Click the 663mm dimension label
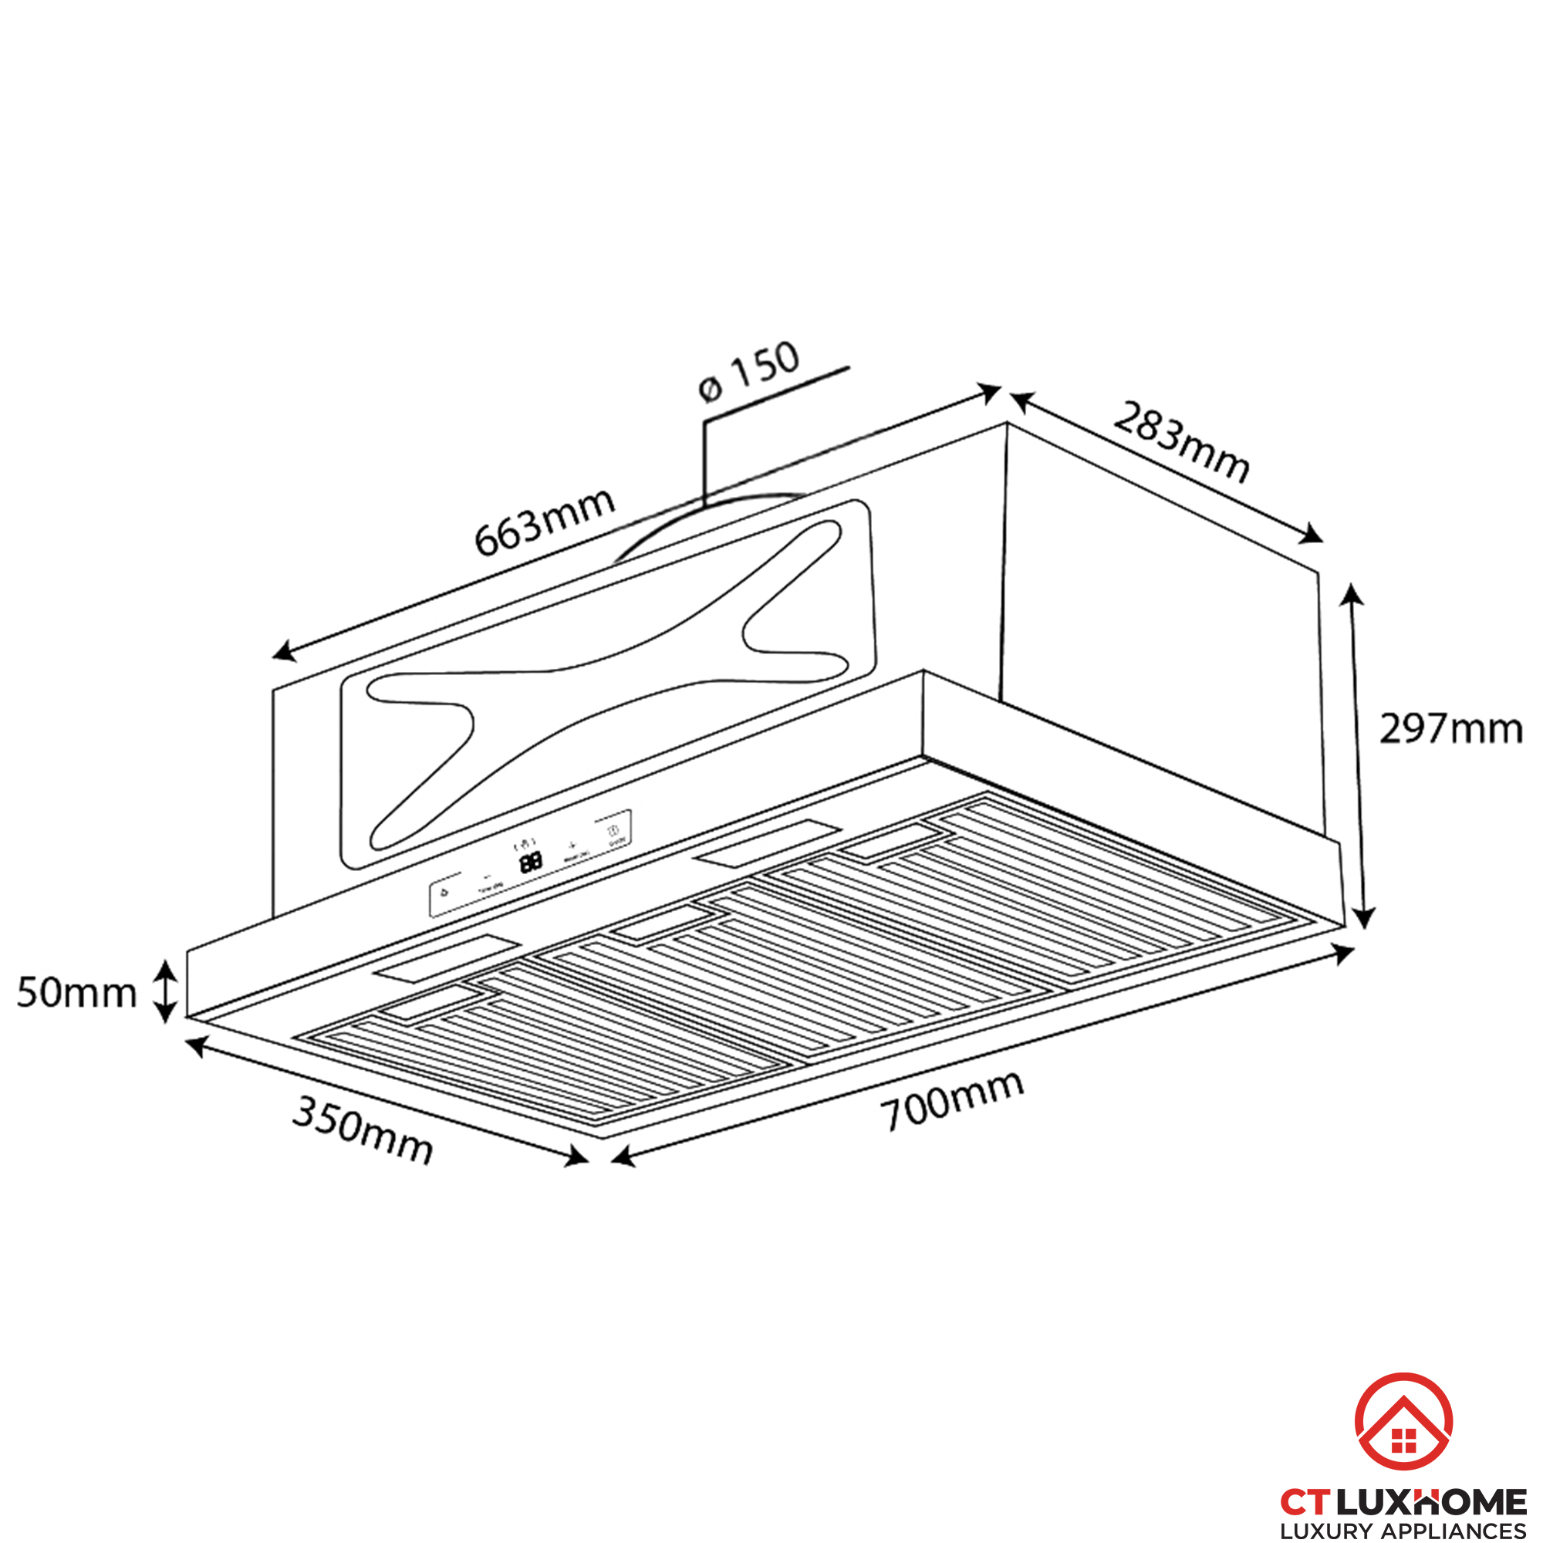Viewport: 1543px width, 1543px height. pos(544,522)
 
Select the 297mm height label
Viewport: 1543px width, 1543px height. pos(1450,729)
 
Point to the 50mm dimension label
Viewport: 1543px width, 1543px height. pos(76,994)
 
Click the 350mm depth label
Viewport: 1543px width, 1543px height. pos(363,1129)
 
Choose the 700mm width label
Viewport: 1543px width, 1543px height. pos(951,1102)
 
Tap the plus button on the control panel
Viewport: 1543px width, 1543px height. pos(572,844)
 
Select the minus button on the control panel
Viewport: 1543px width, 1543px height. pos(486,876)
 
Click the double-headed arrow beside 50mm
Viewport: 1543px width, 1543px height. pos(164,991)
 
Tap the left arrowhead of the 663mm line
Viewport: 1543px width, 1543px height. pos(283,652)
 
